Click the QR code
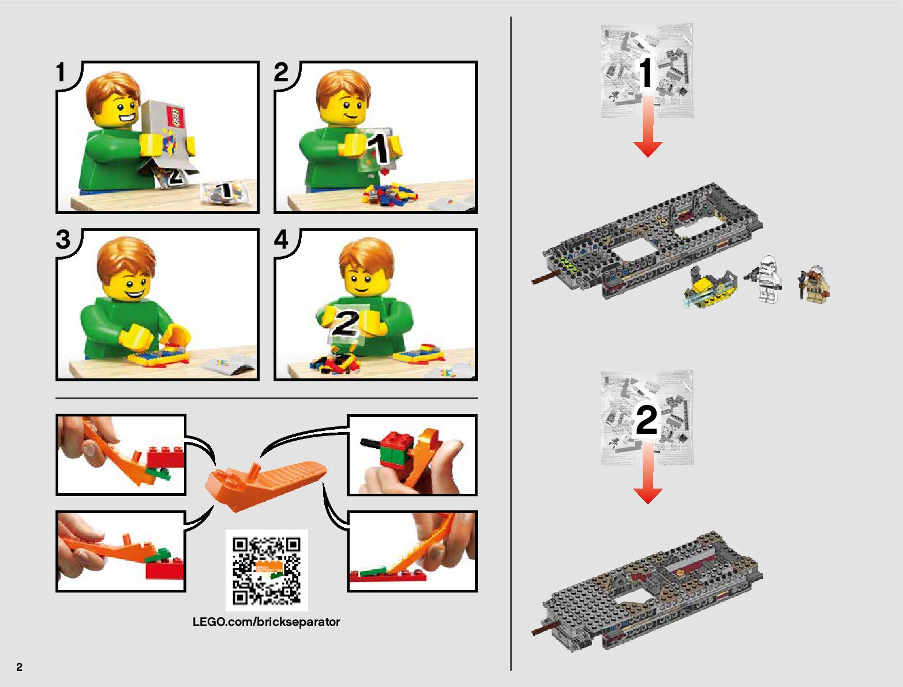[x=267, y=570]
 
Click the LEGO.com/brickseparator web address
[x=266, y=622]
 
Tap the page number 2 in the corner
[x=20, y=666]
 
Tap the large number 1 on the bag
[x=646, y=72]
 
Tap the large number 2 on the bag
[x=646, y=419]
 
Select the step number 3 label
[x=63, y=239]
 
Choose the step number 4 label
[x=282, y=239]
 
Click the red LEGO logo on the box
[x=175, y=117]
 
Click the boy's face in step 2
[x=346, y=108]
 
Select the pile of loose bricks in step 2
[x=389, y=194]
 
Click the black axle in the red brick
[x=370, y=444]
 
